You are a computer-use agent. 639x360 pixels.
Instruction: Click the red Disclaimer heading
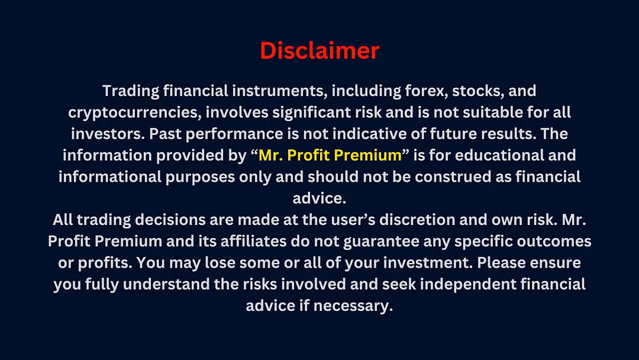(x=319, y=50)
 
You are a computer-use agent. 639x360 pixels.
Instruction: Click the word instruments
(x=279, y=91)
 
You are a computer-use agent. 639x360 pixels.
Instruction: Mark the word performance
(x=234, y=134)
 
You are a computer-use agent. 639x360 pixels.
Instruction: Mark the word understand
(x=166, y=284)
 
